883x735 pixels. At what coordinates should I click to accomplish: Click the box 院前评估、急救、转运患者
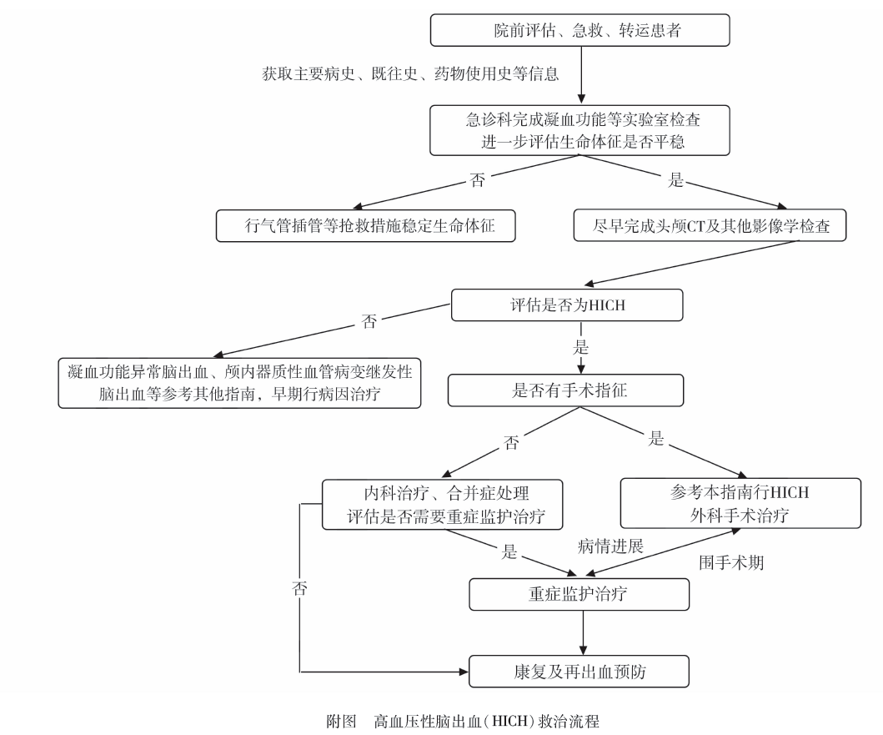click(579, 30)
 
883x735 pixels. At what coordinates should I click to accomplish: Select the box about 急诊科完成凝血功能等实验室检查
click(579, 129)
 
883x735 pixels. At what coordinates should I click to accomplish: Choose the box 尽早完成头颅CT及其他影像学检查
click(711, 225)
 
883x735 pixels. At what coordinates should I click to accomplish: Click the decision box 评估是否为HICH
click(567, 305)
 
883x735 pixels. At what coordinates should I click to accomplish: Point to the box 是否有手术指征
click(567, 389)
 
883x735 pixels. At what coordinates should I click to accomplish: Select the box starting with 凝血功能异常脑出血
click(239, 382)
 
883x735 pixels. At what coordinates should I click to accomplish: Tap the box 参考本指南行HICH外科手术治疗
click(740, 504)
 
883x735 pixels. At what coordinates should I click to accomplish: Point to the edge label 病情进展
click(611, 546)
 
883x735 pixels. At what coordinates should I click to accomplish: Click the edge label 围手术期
click(730, 563)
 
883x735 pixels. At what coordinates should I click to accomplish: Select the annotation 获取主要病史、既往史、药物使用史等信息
click(410, 73)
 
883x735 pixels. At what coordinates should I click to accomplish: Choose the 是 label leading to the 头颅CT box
click(676, 179)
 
